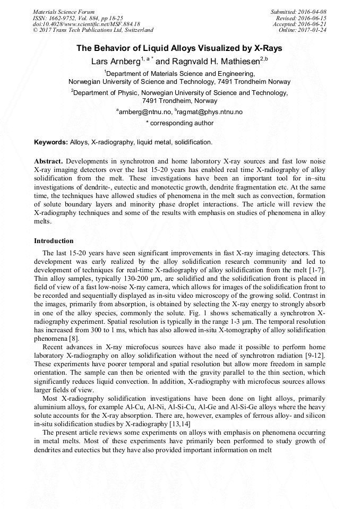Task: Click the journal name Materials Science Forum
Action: pos(64,12)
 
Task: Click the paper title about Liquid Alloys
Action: pos(179,48)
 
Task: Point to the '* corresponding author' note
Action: pos(179,123)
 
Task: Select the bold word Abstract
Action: pos(48,161)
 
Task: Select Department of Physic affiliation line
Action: pos(179,92)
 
